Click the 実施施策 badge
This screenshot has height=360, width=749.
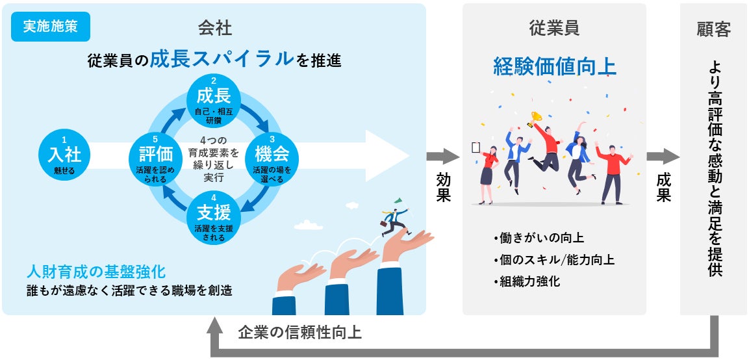click(51, 27)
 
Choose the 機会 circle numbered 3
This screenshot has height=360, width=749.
click(272, 157)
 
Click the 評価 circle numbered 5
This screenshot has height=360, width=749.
click(155, 157)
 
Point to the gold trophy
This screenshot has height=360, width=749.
click(537, 118)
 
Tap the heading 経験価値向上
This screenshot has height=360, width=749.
click(554, 67)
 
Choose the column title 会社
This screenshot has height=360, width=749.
click(215, 28)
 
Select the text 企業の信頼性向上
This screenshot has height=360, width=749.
click(299, 332)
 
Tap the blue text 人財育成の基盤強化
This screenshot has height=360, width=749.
click(95, 270)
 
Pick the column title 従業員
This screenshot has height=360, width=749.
click(554, 28)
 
